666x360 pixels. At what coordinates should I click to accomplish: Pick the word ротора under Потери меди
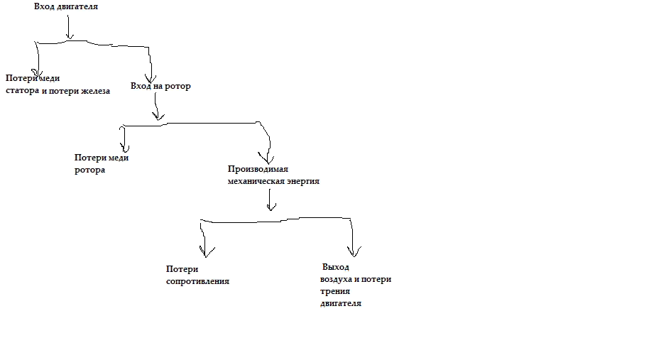click(x=89, y=170)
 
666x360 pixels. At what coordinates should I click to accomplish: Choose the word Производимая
click(x=258, y=169)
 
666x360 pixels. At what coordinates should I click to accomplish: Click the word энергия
click(x=303, y=181)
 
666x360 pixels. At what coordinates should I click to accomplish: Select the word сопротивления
click(x=197, y=281)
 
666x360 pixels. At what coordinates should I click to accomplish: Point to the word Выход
click(x=336, y=267)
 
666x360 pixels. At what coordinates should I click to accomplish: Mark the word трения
click(x=335, y=292)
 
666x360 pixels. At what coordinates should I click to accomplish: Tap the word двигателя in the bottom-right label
click(x=341, y=303)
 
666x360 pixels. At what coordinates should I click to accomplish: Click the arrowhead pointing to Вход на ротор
click(x=151, y=79)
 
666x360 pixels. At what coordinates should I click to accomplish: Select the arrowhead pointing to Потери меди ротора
click(x=124, y=148)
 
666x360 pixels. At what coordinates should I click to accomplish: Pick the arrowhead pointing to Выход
click(x=354, y=252)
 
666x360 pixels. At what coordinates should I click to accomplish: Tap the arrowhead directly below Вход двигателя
click(x=70, y=36)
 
